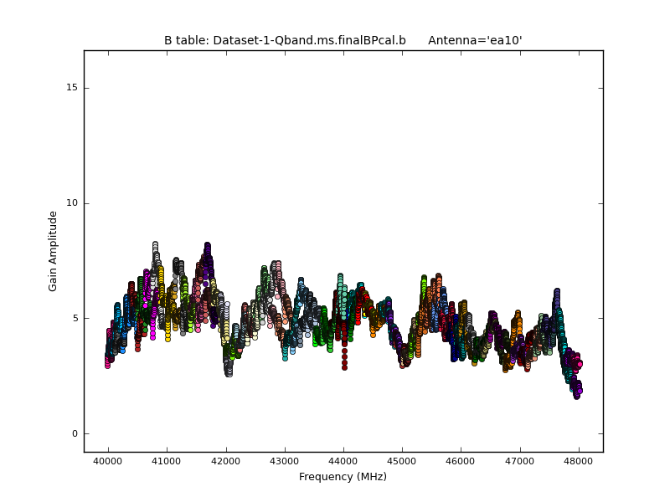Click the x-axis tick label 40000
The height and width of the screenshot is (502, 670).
click(107, 462)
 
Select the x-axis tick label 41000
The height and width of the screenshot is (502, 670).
click(166, 462)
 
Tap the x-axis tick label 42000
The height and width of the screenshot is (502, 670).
click(225, 462)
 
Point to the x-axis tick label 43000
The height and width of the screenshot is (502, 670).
click(284, 462)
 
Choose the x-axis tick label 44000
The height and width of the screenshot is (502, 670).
click(343, 462)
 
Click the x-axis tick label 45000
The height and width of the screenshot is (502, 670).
click(401, 462)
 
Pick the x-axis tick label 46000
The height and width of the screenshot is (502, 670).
click(461, 462)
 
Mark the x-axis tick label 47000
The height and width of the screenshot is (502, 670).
click(519, 462)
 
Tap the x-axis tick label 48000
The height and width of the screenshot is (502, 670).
click(578, 462)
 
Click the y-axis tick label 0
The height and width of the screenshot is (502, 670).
click(74, 433)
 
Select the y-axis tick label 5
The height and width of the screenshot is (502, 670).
click(74, 318)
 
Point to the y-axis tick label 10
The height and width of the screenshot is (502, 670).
click(71, 203)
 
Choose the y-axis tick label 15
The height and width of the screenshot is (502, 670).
click(71, 88)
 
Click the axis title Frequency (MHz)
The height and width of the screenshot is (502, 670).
click(343, 477)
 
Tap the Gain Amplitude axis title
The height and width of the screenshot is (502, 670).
click(53, 251)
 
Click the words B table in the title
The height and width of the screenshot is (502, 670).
click(185, 40)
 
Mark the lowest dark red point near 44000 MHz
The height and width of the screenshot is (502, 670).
click(344, 367)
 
